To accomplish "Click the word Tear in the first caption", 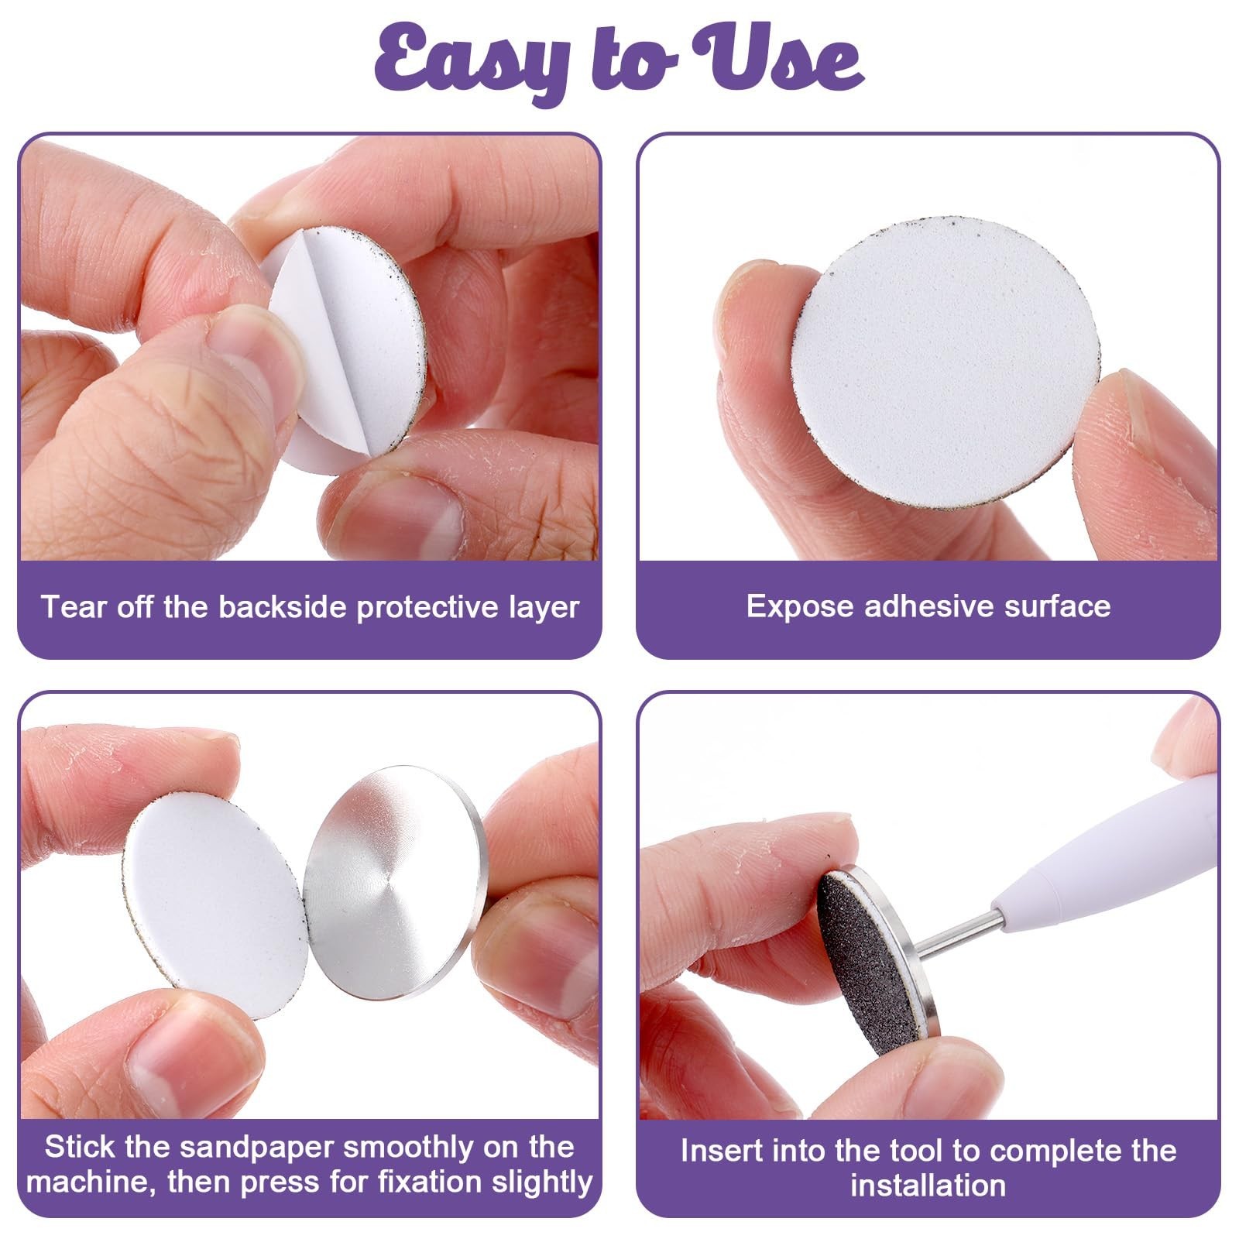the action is pyautogui.click(x=74, y=606).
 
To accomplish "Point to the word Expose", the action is pyautogui.click(x=800, y=606).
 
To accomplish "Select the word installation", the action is pyautogui.click(x=928, y=1186).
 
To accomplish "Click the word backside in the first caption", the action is pyautogui.click(x=283, y=606).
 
